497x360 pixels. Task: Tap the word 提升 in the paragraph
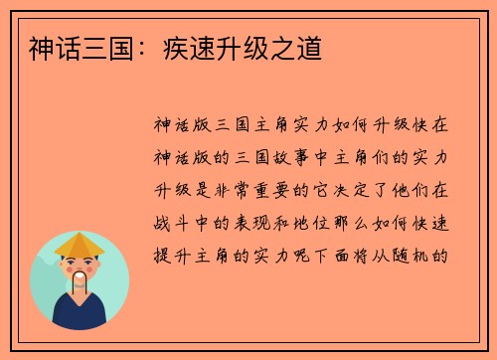[x=168, y=254]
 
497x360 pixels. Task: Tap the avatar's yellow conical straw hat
[x=79, y=245]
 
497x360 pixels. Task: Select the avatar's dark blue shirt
[x=80, y=313]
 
